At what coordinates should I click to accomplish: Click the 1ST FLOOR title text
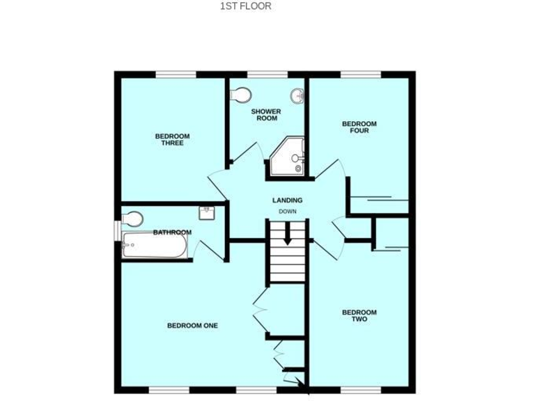[x=246, y=6]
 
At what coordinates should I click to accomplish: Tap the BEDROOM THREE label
[x=172, y=139]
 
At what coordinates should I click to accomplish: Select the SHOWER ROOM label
[x=267, y=115]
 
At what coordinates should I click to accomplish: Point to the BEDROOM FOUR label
[x=359, y=127]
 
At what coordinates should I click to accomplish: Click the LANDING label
[x=287, y=200]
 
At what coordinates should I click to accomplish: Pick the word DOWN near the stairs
[x=288, y=212]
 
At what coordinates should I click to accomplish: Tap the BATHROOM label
[x=172, y=233]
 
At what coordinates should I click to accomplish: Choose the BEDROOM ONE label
[x=192, y=325]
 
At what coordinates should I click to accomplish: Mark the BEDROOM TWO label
[x=359, y=316]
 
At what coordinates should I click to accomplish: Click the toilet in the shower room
[x=240, y=94]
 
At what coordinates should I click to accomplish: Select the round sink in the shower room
[x=297, y=95]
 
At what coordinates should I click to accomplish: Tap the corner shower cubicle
[x=288, y=157]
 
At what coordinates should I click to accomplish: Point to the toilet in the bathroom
[x=132, y=219]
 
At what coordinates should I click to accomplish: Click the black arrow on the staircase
[x=287, y=238]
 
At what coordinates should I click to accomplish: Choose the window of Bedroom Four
[x=361, y=74]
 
